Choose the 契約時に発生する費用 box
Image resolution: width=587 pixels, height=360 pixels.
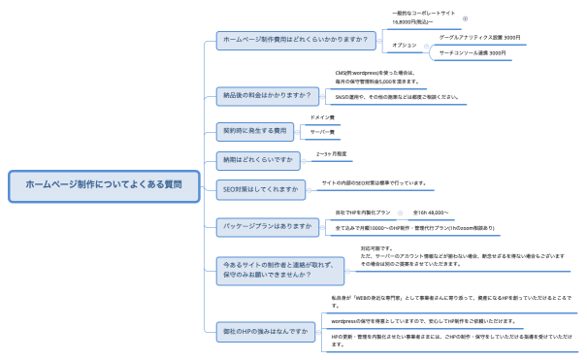tap(254, 129)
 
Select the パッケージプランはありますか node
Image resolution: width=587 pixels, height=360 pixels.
tap(267, 225)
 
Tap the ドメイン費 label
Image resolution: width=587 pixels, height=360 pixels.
tap(336, 117)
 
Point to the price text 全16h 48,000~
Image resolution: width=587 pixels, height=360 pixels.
tap(431, 212)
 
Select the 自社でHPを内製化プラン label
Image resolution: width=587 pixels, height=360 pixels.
tap(362, 212)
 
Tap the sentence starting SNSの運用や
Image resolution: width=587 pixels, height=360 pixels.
tap(396, 97)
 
